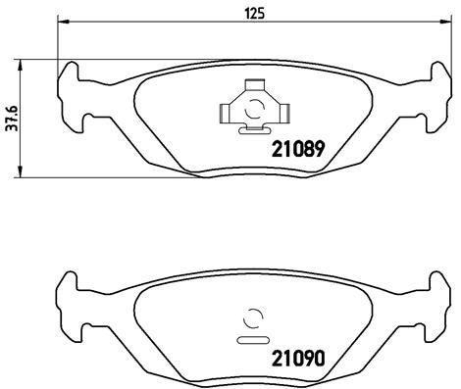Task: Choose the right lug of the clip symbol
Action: click(282, 112)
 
